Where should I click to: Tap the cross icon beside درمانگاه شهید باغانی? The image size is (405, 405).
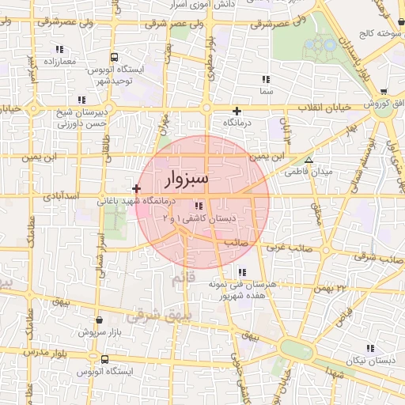pos(138,188)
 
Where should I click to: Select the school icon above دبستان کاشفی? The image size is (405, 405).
pos(209,207)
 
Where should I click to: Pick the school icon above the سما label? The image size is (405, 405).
pos(266,79)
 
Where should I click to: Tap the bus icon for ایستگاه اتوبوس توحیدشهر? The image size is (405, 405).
pos(115,58)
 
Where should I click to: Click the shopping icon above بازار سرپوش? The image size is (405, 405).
pos(99,320)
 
